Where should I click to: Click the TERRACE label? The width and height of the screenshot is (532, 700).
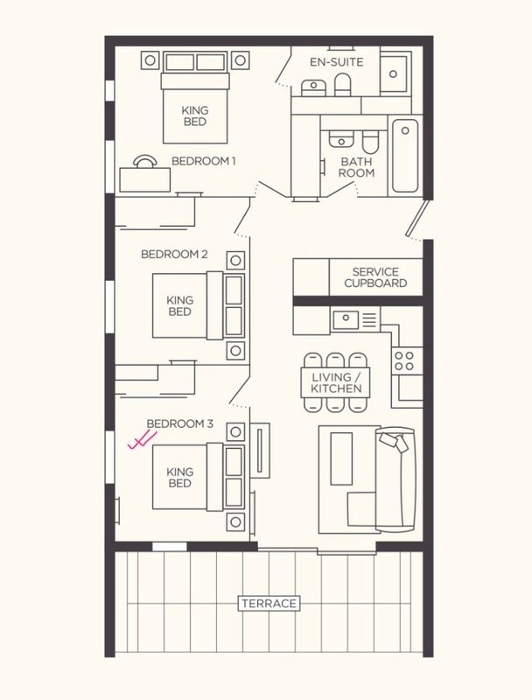point(269,604)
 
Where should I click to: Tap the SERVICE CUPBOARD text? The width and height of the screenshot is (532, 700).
point(375,277)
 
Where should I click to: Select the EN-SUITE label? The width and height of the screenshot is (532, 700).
point(337,62)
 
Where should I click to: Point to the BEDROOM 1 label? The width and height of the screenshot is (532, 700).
point(204,161)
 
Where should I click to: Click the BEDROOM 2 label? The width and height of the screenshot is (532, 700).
point(174,254)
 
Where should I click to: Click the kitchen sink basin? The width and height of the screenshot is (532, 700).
point(346,319)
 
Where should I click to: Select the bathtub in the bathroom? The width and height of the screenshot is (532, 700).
point(405,156)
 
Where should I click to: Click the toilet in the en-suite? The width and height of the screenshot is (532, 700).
point(343,85)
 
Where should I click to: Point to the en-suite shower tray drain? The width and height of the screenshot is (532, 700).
point(393,74)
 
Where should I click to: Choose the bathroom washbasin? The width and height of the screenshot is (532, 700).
point(341,139)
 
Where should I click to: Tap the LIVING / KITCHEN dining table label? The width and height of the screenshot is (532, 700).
point(336,382)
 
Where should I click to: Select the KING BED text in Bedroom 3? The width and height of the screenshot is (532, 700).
point(180,477)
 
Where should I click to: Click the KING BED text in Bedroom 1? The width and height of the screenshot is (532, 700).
point(195,115)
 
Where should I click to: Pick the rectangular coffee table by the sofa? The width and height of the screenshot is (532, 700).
point(341,458)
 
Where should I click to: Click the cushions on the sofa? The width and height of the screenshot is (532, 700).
point(394,443)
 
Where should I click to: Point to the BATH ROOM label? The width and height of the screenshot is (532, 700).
point(356,167)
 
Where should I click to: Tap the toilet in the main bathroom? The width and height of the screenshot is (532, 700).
point(369,141)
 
